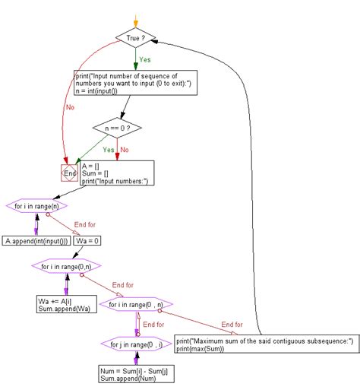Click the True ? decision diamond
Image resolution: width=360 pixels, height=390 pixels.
pos(135,37)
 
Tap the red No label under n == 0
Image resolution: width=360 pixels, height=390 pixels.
pos(125,150)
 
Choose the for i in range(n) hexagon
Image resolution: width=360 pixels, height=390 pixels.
pos(36,206)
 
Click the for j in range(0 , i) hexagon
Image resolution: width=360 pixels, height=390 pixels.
pos(137,344)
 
